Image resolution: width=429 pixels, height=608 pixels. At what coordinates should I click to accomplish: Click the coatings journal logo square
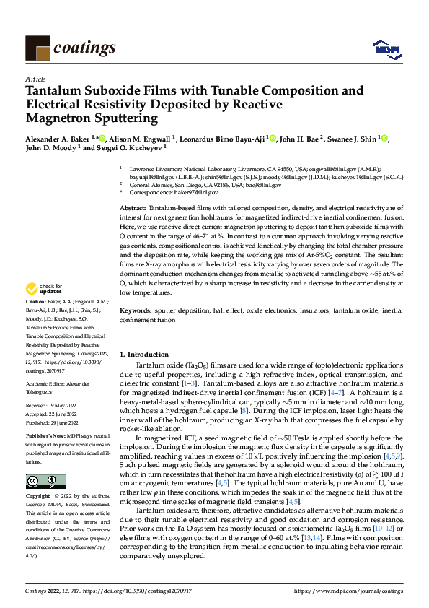pyautogui.click(x=37, y=47)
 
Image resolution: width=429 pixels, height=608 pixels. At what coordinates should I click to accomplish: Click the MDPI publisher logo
pyautogui.click(x=385, y=49)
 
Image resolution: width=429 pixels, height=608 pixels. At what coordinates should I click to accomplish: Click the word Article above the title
pyautogui.click(x=35, y=79)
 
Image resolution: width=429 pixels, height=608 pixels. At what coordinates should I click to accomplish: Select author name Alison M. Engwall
pyautogui.click(x=143, y=138)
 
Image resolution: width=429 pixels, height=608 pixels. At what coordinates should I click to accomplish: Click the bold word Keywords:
pyautogui.click(x=136, y=310)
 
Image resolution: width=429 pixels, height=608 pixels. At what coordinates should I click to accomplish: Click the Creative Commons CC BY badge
pyautogui.click(x=45, y=482)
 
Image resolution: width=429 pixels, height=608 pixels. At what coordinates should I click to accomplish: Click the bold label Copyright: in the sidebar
pyautogui.click(x=40, y=497)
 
